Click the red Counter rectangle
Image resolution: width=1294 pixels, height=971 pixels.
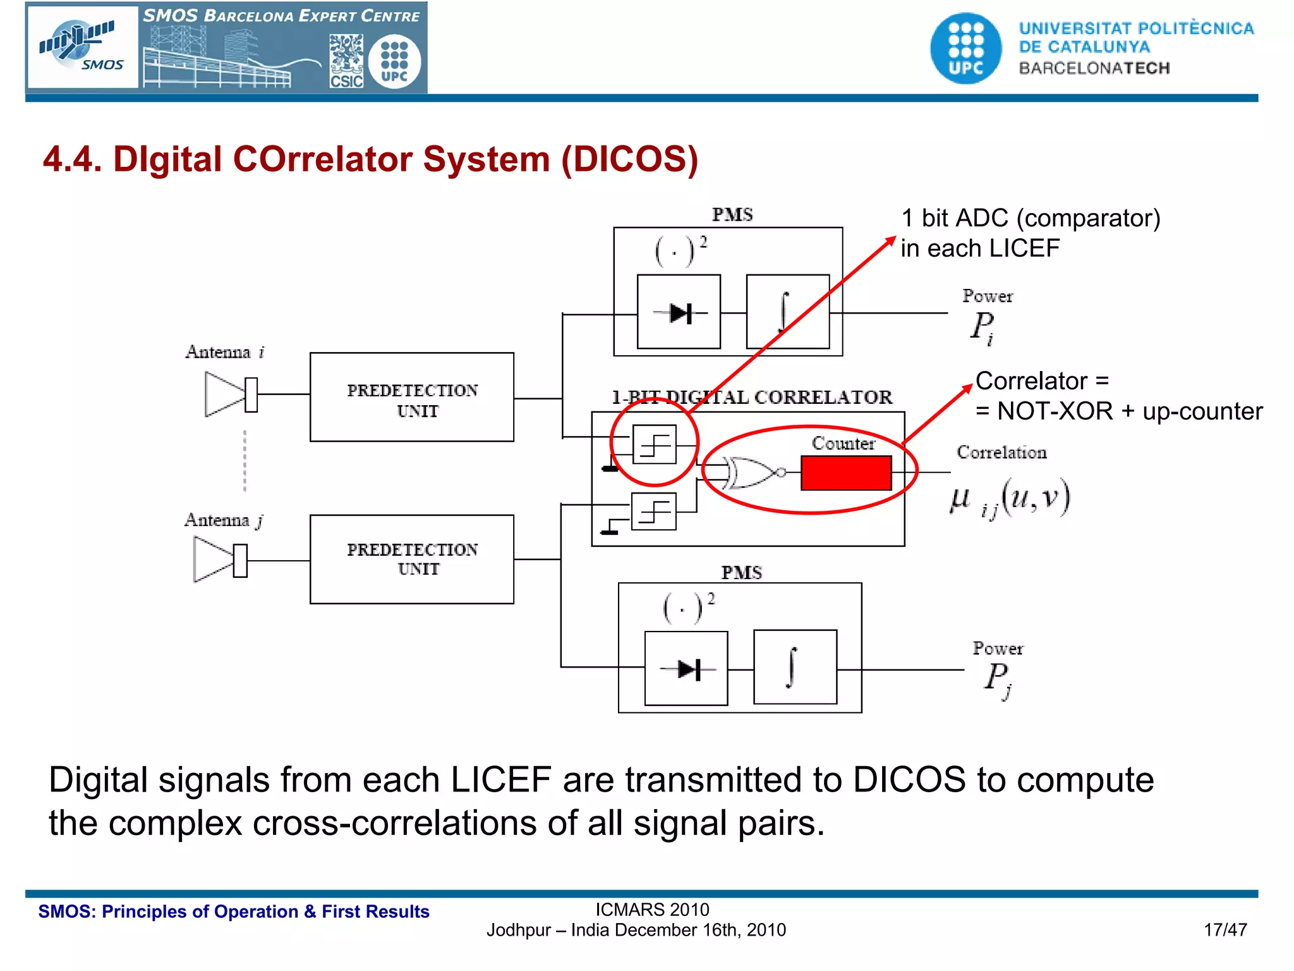[846, 473]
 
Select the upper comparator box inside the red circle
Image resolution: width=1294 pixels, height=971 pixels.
[654, 444]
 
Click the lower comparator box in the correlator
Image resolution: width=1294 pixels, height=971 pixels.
[654, 511]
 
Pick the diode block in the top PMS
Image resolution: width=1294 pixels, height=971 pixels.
[679, 312]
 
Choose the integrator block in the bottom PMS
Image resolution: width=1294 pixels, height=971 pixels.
[795, 667]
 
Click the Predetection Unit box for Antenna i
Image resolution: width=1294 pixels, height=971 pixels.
[411, 398]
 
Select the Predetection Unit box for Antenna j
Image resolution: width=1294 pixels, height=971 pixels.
[411, 559]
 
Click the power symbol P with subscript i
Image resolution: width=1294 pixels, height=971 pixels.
[983, 327]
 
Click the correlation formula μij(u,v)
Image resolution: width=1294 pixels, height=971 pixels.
[1010, 498]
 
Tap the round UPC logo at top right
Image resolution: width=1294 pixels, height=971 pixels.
[965, 49]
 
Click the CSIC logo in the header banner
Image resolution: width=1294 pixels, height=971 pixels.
[346, 61]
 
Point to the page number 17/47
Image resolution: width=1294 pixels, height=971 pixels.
[1224, 930]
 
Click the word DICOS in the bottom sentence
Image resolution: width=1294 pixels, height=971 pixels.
[909, 779]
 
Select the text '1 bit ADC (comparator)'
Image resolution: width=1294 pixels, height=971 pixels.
[1030, 218]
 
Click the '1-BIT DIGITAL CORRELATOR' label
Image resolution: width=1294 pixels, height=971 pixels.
[751, 397]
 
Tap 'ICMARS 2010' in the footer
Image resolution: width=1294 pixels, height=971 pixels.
[652, 910]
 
